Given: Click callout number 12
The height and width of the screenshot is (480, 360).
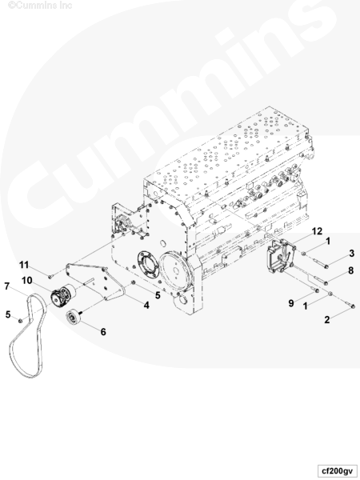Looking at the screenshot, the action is pyautogui.click(x=317, y=231).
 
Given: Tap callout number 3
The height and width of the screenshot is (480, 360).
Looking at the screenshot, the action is pyautogui.click(x=352, y=253).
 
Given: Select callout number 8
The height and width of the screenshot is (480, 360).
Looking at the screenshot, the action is pyautogui.click(x=351, y=270).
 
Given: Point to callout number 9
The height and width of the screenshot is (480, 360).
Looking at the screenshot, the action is pyautogui.click(x=291, y=303).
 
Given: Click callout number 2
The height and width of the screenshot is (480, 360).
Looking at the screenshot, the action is pyautogui.click(x=327, y=319).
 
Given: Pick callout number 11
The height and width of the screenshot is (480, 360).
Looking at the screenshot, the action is pyautogui.click(x=24, y=265).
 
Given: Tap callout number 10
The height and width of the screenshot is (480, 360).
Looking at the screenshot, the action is pyautogui.click(x=27, y=280).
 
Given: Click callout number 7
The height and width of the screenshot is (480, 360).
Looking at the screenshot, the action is pyautogui.click(x=7, y=286).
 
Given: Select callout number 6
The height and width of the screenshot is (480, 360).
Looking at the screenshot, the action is pyautogui.click(x=103, y=331).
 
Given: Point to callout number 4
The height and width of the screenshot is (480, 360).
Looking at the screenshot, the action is pyautogui.click(x=146, y=305).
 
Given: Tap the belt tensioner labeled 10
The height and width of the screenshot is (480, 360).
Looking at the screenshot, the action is pyautogui.click(x=62, y=294).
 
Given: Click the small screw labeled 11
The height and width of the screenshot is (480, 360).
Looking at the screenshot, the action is pyautogui.click(x=50, y=277).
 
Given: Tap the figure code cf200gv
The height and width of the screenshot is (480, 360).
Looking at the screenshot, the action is pyautogui.click(x=338, y=470).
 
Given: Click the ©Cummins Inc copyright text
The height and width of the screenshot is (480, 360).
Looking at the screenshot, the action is pyautogui.click(x=40, y=6).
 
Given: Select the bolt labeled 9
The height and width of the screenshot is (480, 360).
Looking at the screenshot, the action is pyautogui.click(x=314, y=288).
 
